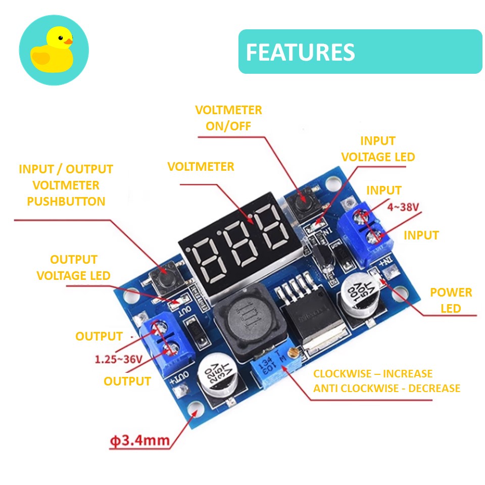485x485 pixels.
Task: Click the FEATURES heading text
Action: click(300, 52)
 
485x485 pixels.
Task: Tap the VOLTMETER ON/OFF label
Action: click(228, 118)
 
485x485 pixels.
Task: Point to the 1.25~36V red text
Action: click(119, 359)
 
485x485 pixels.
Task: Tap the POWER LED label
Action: click(451, 300)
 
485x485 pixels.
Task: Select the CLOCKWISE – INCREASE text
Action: click(373, 374)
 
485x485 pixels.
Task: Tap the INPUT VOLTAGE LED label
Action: click(378, 149)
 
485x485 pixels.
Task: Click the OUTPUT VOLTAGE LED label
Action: click(73, 267)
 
